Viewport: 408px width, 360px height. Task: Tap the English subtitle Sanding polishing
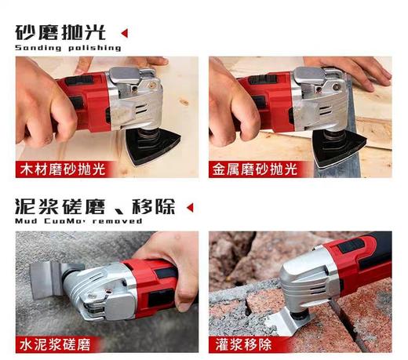pyautogui.click(x=68, y=48)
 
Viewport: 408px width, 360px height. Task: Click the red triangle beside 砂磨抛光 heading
pyautogui.click(x=124, y=33)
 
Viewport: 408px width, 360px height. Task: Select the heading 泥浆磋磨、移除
pyautogui.click(x=94, y=207)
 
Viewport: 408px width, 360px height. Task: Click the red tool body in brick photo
pyautogui.click(x=361, y=259)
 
